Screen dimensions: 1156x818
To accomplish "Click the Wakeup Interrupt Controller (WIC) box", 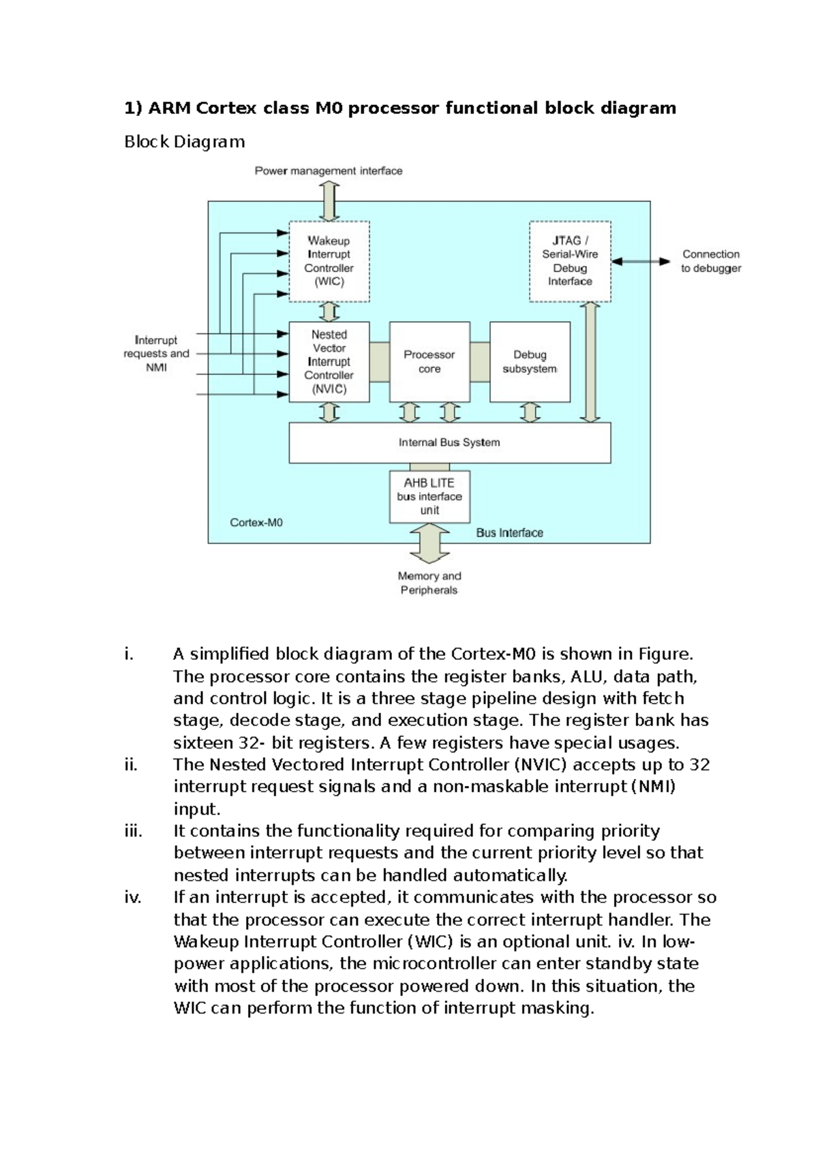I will click(329, 261).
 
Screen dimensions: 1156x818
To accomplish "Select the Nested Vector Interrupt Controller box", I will click(329, 362).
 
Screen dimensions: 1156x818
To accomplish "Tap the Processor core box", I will click(429, 362).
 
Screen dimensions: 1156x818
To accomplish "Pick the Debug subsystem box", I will click(530, 362).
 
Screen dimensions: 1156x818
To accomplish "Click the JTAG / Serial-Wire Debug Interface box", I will click(570, 261).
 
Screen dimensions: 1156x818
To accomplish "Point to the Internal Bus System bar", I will click(449, 442).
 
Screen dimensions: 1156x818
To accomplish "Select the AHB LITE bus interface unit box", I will click(429, 497).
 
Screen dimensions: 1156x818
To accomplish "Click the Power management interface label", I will click(329, 171).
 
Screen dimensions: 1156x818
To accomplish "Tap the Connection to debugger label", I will click(711, 261).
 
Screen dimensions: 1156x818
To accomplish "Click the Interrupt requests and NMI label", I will click(157, 354).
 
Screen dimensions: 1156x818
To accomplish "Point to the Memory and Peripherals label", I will click(429, 583).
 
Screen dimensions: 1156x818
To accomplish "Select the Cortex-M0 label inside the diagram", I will click(256, 523).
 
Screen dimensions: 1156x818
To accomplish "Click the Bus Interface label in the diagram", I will click(510, 533).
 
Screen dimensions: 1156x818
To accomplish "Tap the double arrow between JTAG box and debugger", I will click(641, 261).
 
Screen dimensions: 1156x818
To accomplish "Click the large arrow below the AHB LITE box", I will click(429, 543).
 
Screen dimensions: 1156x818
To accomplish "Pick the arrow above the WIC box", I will click(329, 201).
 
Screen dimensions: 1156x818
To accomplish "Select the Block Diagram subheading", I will click(184, 142).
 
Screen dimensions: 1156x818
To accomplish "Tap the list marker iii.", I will click(134, 831).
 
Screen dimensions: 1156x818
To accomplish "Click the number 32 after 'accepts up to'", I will click(699, 765).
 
